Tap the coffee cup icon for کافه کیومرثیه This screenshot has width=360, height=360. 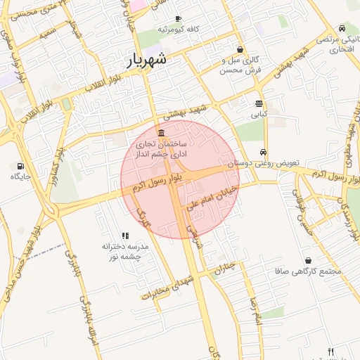pos(178,18)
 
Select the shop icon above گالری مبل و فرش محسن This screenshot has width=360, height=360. pos(241,50)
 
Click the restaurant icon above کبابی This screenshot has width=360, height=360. pos(259,103)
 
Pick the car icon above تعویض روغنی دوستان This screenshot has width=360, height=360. pos(263,152)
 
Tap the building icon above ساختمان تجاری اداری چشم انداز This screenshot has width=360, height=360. pos(162,133)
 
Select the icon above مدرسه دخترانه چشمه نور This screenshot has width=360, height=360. pos(125,236)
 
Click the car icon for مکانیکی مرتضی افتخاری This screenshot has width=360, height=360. pos(341,29)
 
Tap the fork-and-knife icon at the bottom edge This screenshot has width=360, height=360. pos(331,351)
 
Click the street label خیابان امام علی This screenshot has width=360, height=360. pos(210,199)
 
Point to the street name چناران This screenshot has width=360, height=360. pos(223,268)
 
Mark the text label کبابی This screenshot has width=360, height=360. pos(259,112)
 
